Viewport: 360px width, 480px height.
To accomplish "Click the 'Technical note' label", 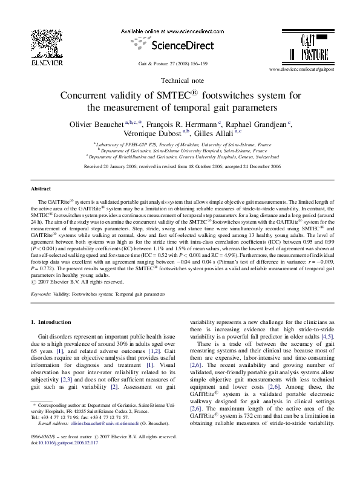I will point(180,81).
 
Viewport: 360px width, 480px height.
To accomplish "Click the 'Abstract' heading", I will point(41,189).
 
